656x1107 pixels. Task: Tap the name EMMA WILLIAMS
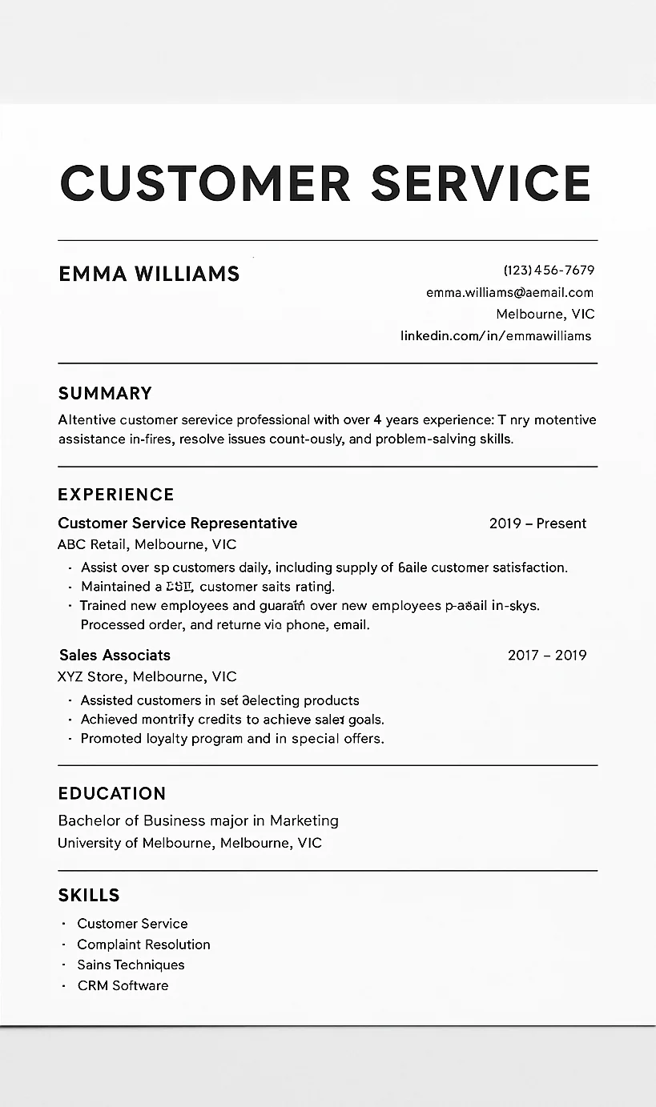pyautogui.click(x=149, y=274)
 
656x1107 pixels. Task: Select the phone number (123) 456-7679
pyautogui.click(x=549, y=271)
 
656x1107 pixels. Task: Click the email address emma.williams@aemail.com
pyautogui.click(x=509, y=292)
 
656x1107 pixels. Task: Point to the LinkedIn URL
pyautogui.click(x=496, y=335)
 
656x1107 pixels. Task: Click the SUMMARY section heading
pyautogui.click(x=105, y=393)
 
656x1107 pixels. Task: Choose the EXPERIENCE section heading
pyautogui.click(x=116, y=494)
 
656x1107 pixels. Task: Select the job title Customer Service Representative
pyautogui.click(x=177, y=523)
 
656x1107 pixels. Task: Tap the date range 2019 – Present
pyautogui.click(x=537, y=523)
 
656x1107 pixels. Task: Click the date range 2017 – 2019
pyautogui.click(x=547, y=655)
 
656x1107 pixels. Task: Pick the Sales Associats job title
pyautogui.click(x=115, y=655)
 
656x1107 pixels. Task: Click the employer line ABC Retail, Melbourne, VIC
pyautogui.click(x=147, y=544)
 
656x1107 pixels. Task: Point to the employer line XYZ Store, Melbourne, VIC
pyautogui.click(x=147, y=676)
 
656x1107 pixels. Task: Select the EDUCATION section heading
pyautogui.click(x=112, y=793)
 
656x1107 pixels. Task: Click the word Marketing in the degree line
pyautogui.click(x=304, y=820)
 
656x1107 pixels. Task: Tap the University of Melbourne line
pyautogui.click(x=190, y=843)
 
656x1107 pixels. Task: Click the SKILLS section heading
pyautogui.click(x=89, y=895)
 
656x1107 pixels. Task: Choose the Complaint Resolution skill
pyautogui.click(x=143, y=945)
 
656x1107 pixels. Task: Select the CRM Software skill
pyautogui.click(x=123, y=985)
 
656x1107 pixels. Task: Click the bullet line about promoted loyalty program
pyautogui.click(x=232, y=738)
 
